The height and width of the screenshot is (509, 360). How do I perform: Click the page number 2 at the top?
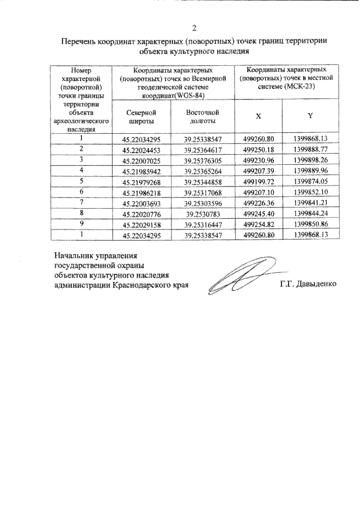click(194, 28)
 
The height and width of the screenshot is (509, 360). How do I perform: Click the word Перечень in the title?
click(79, 41)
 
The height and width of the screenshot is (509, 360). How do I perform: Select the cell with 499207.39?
click(258, 170)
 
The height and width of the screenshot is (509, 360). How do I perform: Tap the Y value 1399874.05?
click(310, 181)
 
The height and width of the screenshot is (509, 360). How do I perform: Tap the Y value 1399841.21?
click(310, 202)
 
